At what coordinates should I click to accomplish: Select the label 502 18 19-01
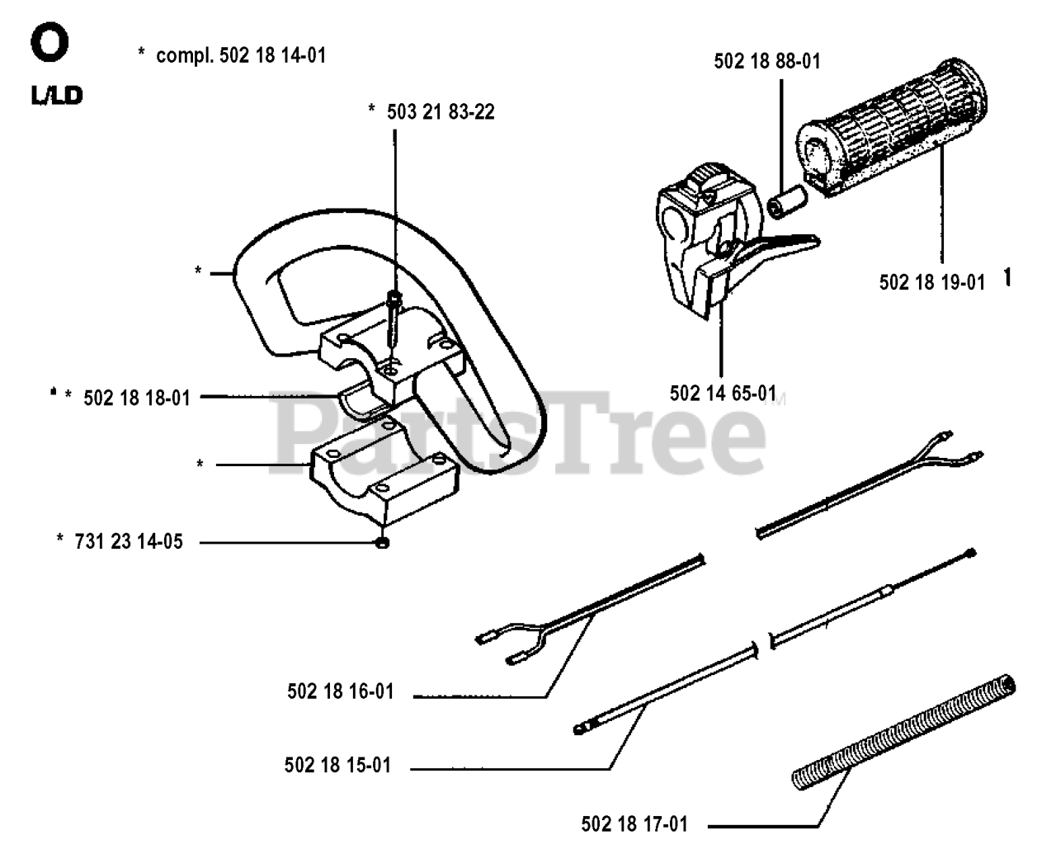click(x=931, y=282)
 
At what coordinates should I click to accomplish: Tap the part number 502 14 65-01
click(x=723, y=394)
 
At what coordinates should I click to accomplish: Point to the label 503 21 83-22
click(x=441, y=112)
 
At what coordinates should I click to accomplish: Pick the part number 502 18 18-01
click(x=137, y=398)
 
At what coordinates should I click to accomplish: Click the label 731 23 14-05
click(x=129, y=542)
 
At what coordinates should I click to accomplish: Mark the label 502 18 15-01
click(x=337, y=766)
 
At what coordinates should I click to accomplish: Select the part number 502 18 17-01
click(x=634, y=823)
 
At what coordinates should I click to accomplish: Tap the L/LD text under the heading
click(x=57, y=96)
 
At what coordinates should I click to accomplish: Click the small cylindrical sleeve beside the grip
click(x=785, y=201)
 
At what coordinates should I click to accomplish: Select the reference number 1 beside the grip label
click(x=1007, y=279)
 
